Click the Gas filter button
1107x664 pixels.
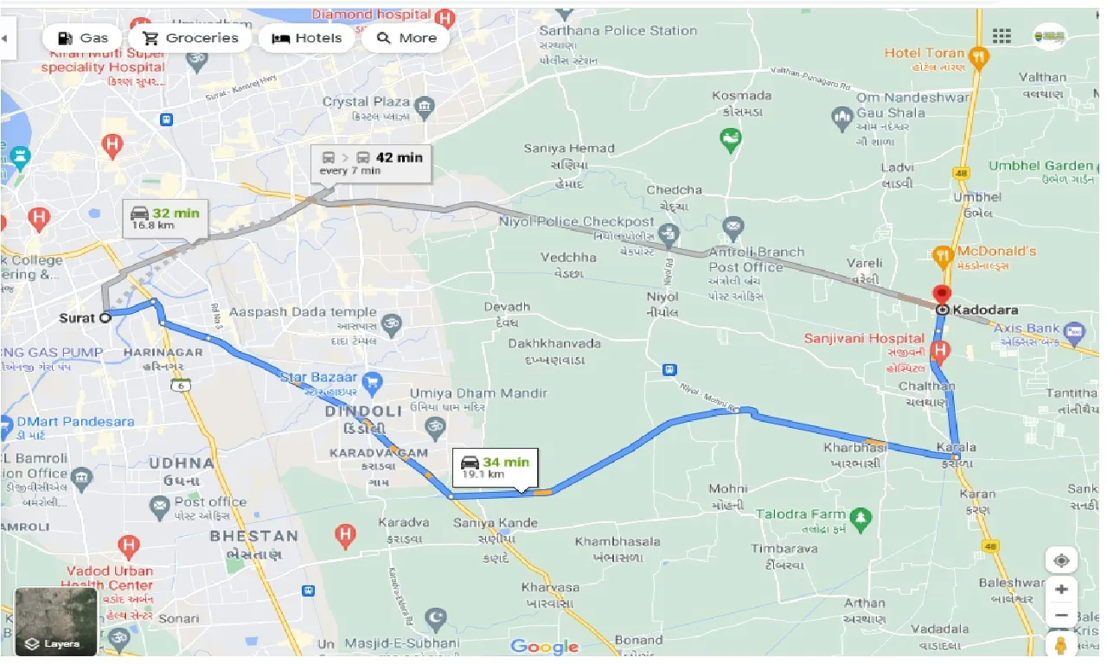[83, 38]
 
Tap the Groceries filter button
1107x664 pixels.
[189, 38]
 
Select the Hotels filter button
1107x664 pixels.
[306, 38]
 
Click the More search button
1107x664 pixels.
[406, 38]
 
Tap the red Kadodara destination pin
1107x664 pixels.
[941, 294]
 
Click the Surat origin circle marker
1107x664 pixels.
[105, 317]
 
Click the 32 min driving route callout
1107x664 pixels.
[164, 219]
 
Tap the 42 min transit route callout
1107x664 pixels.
[372, 163]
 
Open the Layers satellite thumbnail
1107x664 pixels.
[55, 622]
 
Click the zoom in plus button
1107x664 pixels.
[1061, 590]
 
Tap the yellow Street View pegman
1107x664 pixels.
[1061, 645]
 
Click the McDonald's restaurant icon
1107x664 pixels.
[941, 255]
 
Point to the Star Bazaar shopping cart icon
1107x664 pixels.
[373, 380]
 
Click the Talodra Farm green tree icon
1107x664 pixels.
[860, 518]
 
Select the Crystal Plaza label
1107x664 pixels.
[368, 102]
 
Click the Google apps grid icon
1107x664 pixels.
[1001, 36]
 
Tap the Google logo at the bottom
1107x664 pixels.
[544, 647]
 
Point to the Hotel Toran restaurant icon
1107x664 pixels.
[979, 58]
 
